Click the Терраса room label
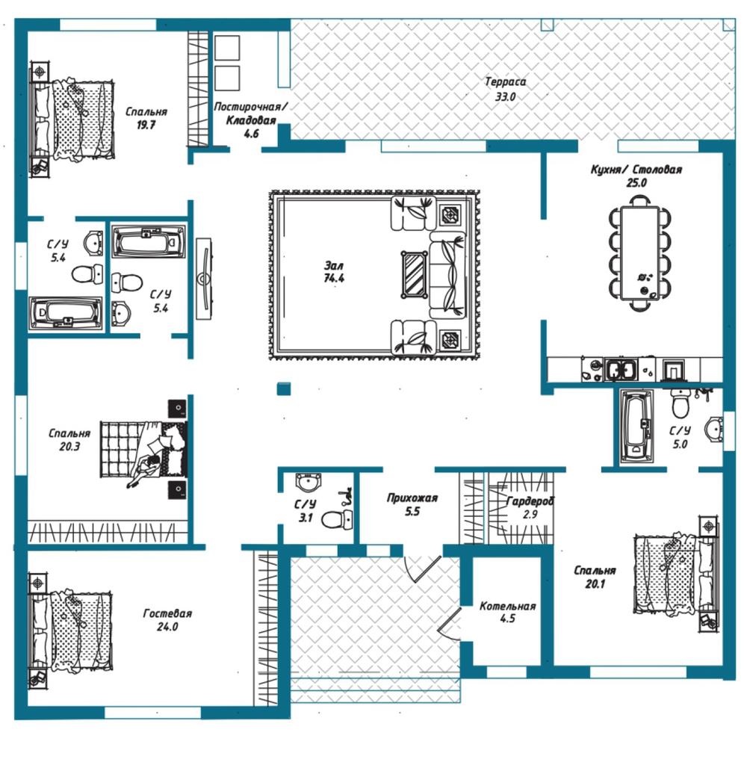tap(506, 81)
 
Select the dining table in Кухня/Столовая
tap(639, 253)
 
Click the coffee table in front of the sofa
tap(415, 274)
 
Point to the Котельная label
tap(507, 606)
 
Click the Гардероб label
tap(530, 501)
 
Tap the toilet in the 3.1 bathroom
tap(337, 519)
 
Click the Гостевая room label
tap(167, 613)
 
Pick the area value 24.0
tap(167, 627)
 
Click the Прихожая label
tap(412, 498)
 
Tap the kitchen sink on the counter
tap(621, 369)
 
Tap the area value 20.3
tap(69, 447)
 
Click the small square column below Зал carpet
tap(284, 388)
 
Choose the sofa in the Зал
tap(447, 275)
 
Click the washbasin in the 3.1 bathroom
tap(309, 483)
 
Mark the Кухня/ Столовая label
tap(636, 170)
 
